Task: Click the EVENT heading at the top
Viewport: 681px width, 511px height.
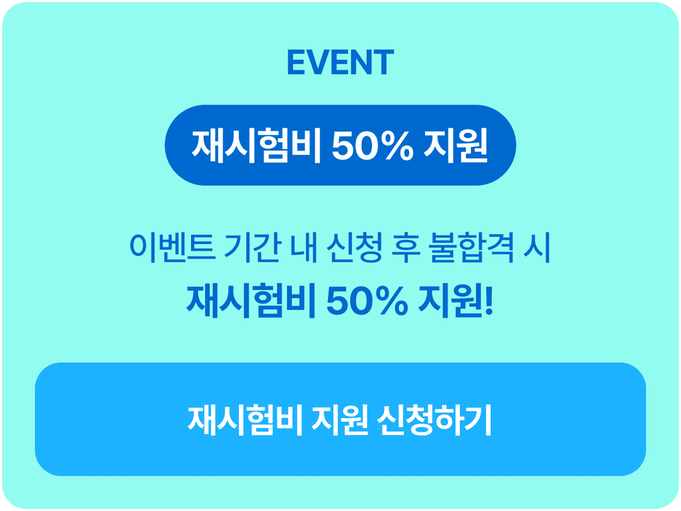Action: click(x=340, y=62)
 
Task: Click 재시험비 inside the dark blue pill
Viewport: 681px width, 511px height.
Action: click(x=256, y=146)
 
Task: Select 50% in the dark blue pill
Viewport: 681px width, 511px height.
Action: click(x=373, y=146)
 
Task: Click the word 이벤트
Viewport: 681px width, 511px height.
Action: click(x=172, y=248)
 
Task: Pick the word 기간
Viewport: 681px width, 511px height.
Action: click(x=252, y=248)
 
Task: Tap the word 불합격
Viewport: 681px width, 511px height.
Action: click(x=472, y=248)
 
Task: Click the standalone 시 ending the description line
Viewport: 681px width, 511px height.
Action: click(x=537, y=248)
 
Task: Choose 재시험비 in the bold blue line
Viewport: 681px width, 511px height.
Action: click(x=250, y=301)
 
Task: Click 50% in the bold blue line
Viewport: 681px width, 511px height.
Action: click(x=368, y=302)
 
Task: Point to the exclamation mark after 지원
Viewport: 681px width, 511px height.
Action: click(x=489, y=302)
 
